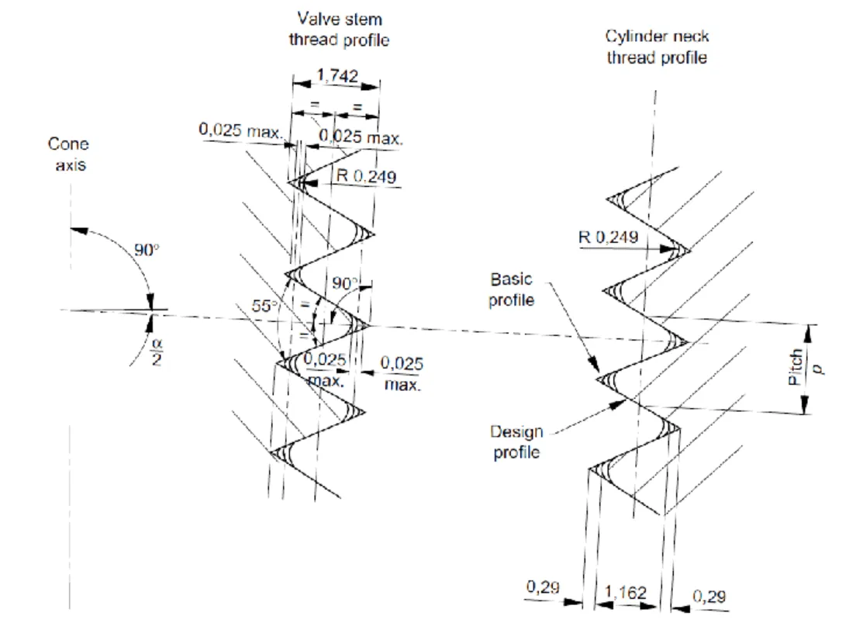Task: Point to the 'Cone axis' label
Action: point(68,154)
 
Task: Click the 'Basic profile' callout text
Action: point(511,289)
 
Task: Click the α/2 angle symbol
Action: point(156,351)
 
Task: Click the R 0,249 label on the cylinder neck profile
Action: point(609,237)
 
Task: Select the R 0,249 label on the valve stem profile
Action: point(365,176)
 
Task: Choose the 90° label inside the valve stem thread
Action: point(343,285)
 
